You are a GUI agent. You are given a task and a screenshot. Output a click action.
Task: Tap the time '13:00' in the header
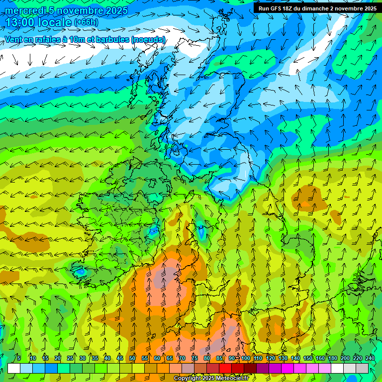[x=20, y=22]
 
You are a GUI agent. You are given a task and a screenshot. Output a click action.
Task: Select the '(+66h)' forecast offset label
[x=86, y=22]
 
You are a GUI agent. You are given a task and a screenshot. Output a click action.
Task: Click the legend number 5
[x=19, y=358]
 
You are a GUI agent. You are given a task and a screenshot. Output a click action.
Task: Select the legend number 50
[x=132, y=358]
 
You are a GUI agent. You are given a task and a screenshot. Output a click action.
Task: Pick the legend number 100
[x=246, y=358]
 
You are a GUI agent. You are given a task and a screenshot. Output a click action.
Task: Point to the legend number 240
[x=370, y=358]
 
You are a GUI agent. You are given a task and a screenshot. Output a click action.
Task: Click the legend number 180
[x=332, y=358]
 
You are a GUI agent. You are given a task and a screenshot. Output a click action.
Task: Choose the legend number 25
[x=70, y=358]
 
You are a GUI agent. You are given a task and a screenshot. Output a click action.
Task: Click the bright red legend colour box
[x=226, y=368]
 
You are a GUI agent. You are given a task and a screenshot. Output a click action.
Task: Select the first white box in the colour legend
[x=14, y=368]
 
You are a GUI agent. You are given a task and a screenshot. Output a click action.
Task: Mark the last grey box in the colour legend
[x=362, y=368]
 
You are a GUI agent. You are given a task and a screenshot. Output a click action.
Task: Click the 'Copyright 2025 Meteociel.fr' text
[x=211, y=379]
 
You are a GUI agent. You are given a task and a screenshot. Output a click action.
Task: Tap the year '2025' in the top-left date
[x=116, y=10]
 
